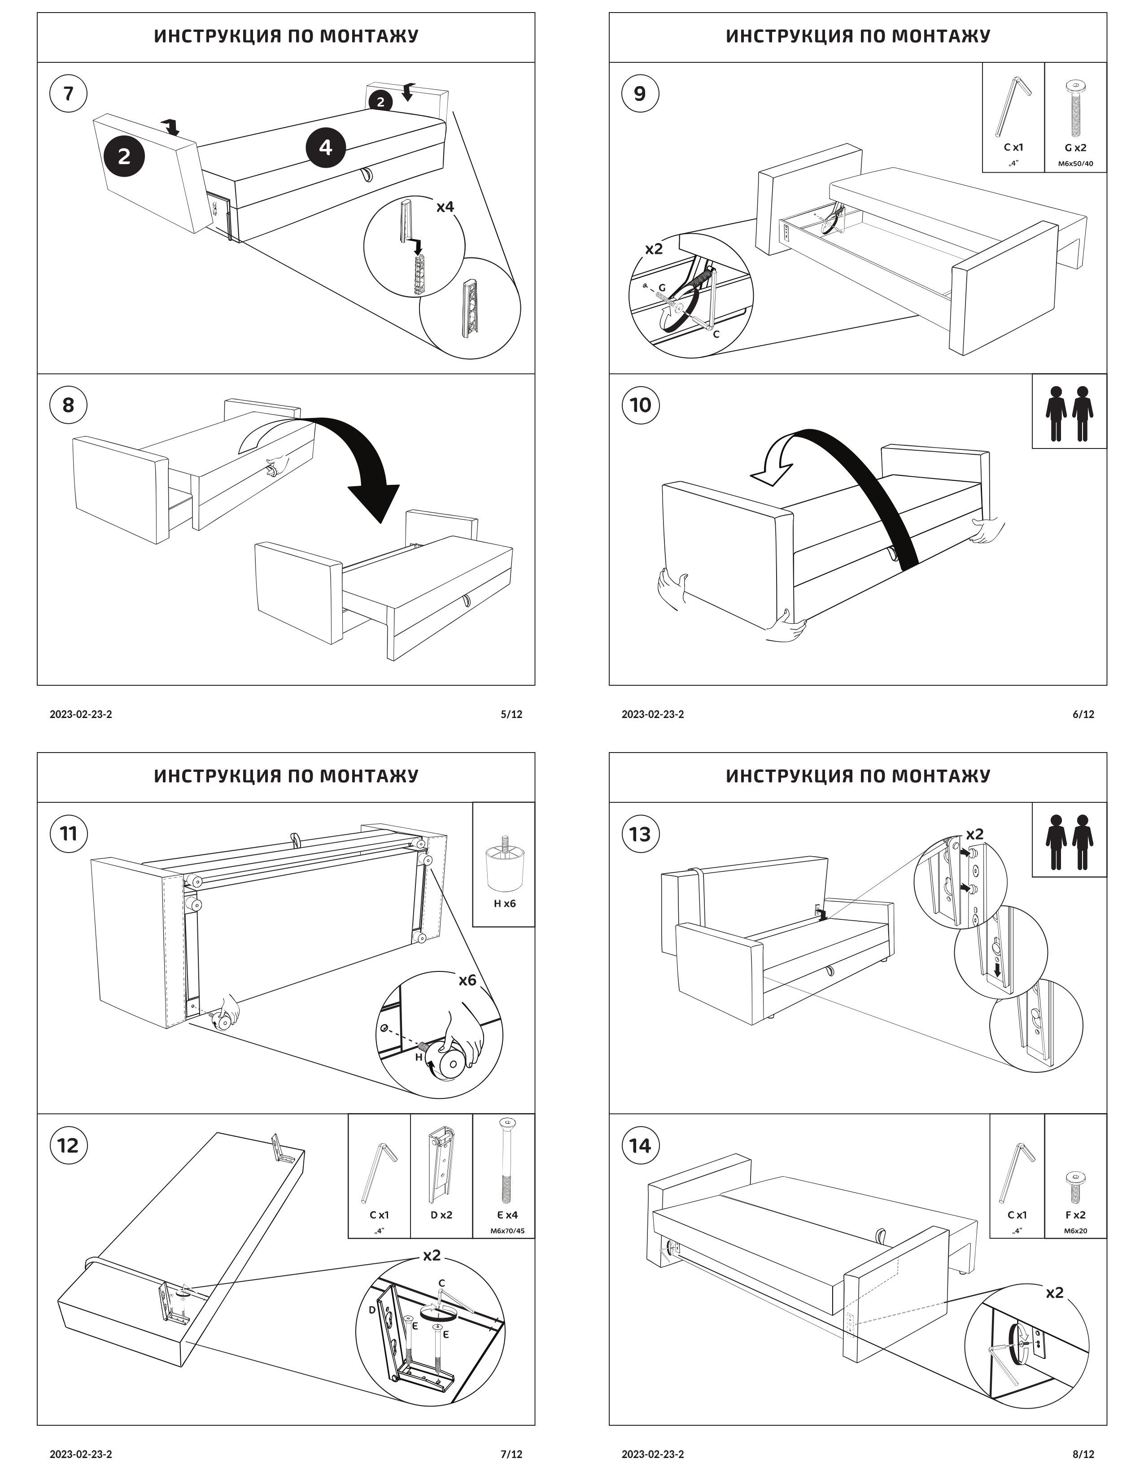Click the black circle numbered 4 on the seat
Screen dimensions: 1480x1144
[325, 147]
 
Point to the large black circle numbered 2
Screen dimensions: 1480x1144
[124, 157]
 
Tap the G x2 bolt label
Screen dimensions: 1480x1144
[1075, 147]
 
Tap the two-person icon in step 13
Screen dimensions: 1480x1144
[1069, 842]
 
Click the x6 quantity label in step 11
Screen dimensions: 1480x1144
[467, 980]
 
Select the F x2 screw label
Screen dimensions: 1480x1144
[1075, 1215]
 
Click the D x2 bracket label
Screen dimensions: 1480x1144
[441, 1215]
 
